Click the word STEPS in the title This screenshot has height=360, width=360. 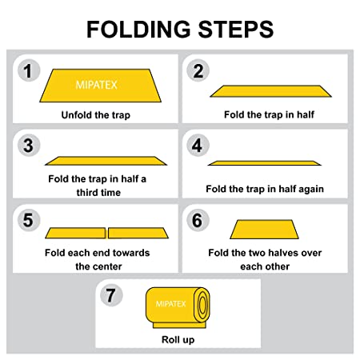pos(236,30)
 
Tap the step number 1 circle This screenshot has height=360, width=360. pos(29,70)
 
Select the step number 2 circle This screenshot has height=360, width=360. pos(198,70)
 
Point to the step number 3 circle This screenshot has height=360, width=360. pos(29,146)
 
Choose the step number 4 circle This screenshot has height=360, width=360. pos(198,146)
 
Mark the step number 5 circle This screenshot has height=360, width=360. pos(29,220)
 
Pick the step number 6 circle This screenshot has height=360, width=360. pos(198,220)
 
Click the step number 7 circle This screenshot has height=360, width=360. pos(111,295)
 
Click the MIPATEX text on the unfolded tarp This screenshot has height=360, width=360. pos(97,85)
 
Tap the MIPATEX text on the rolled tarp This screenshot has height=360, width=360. pos(170,304)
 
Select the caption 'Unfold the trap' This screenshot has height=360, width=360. pos(96,115)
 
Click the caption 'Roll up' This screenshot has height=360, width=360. pos(178,340)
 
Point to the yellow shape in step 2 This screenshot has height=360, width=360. pos(270,91)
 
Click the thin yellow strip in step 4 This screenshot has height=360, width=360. pos(265,163)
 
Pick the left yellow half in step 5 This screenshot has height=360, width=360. pos(75,233)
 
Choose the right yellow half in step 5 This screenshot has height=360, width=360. pos(138,233)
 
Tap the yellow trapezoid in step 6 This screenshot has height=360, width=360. pos(264,230)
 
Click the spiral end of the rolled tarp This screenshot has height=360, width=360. pos(202,305)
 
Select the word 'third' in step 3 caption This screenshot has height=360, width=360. pos(87,192)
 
